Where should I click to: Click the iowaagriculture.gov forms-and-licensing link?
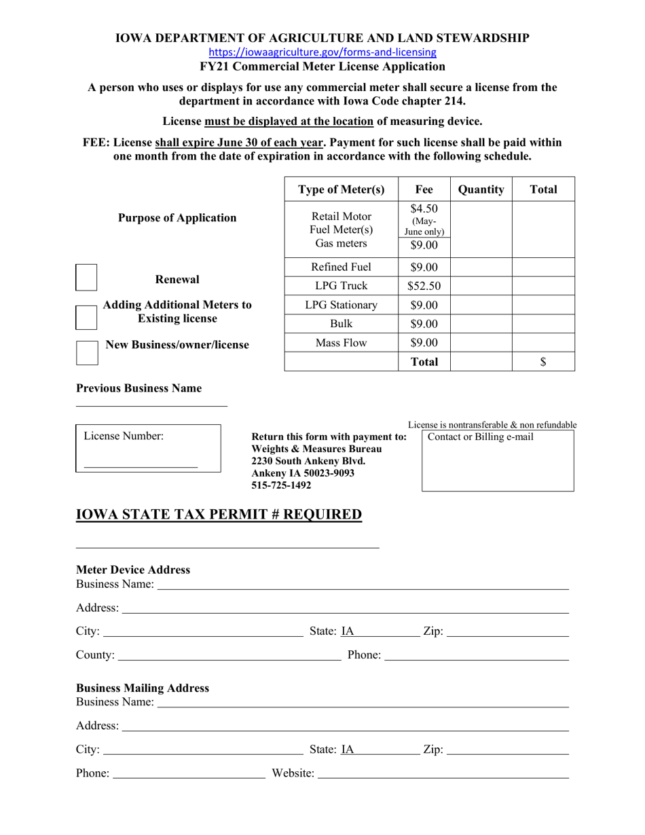pos(322,52)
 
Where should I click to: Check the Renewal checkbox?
pos(86,278)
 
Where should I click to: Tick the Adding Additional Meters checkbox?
pos(86,317)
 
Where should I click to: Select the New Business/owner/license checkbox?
pos(86,352)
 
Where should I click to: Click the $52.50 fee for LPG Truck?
pos(424,286)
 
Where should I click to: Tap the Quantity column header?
pos(481,189)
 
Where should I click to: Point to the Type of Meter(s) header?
pos(341,189)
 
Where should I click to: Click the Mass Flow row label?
pos(341,343)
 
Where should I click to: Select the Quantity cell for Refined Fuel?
pos(481,267)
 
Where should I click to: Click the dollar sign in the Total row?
pos(542,362)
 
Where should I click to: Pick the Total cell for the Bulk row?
pos(542,324)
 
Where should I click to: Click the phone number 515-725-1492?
pos(281,485)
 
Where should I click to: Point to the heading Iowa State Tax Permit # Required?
pos(219,515)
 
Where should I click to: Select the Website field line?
pos(443,773)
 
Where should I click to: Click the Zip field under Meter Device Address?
pos(508,632)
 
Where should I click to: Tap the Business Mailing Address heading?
pos(143,688)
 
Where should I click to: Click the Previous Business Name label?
pos(139,388)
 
